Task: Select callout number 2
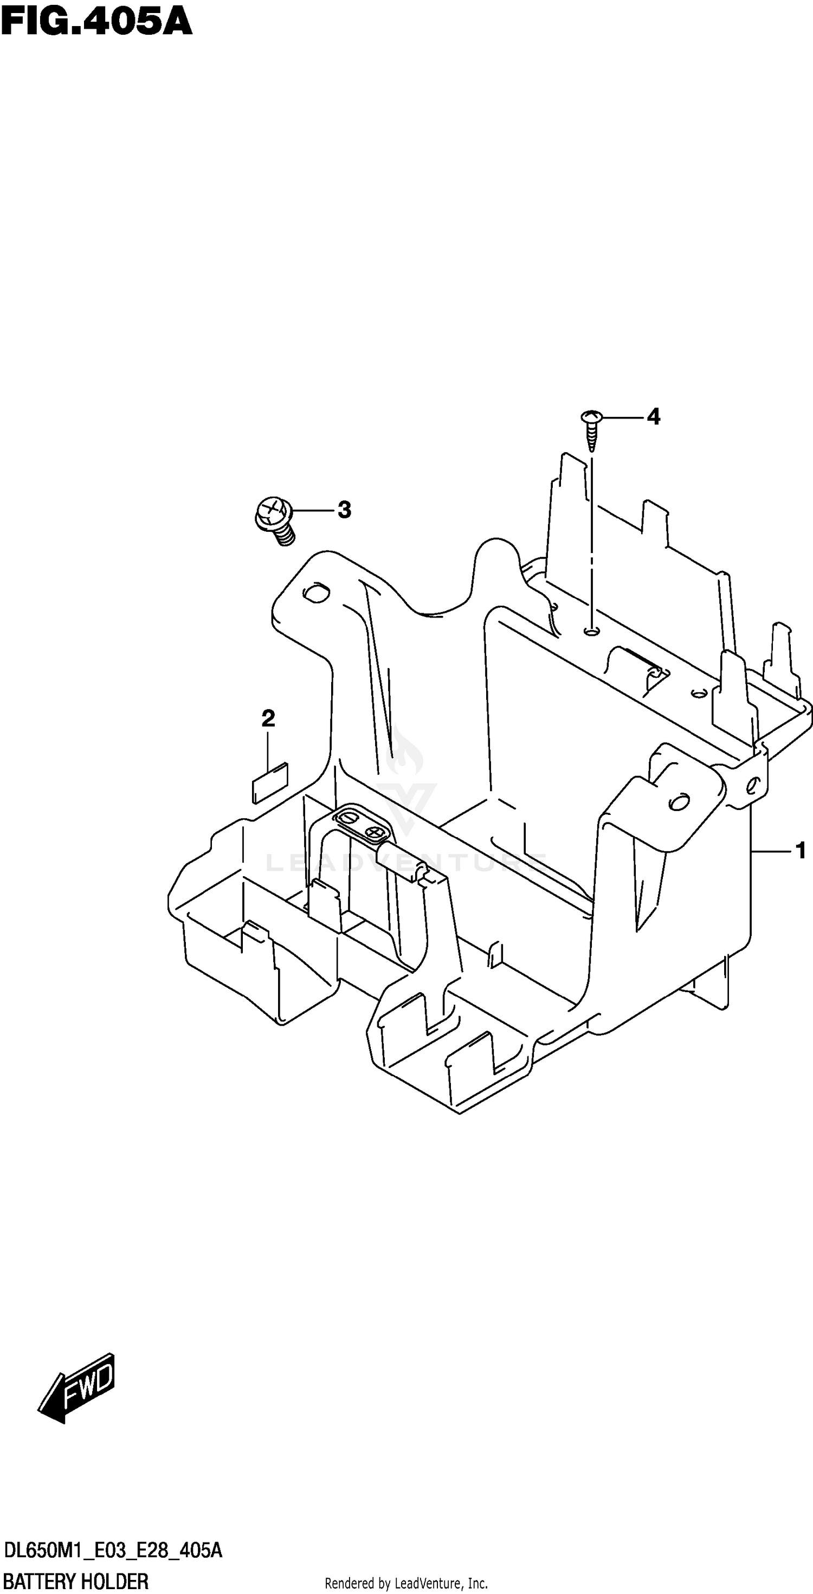268,719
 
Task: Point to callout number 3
344,511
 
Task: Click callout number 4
653,417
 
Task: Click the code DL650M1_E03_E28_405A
113,1551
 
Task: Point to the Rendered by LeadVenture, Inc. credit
406,1583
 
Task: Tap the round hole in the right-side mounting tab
678,802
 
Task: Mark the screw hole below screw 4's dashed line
591,631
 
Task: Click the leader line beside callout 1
770,852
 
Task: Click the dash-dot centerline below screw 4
591,538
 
